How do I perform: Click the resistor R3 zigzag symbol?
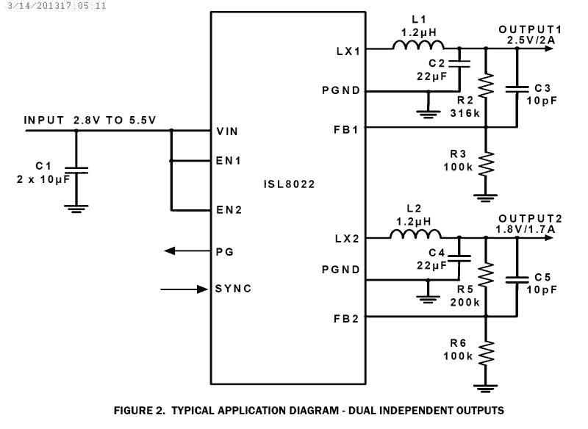[486, 163]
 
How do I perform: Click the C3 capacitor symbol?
[517, 89]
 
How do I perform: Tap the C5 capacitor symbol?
[517, 278]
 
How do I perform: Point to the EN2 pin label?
[229, 209]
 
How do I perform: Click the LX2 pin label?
[346, 239]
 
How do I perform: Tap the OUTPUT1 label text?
[530, 29]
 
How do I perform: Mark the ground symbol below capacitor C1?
[76, 208]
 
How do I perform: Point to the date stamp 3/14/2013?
[25, 5]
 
